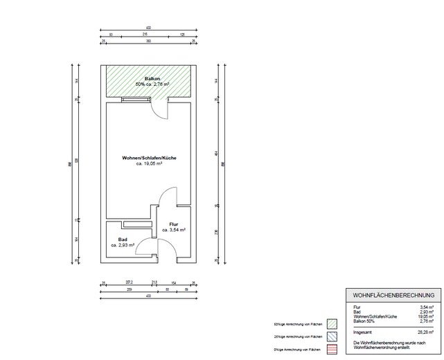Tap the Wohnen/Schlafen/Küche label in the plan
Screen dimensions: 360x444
(x=149, y=159)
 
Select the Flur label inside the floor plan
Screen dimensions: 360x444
(x=174, y=224)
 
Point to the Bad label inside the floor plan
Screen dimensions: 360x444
(x=123, y=240)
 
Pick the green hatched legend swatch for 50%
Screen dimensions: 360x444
(x=331, y=323)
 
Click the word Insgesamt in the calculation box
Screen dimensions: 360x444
(x=364, y=332)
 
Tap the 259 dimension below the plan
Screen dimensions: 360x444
(x=130, y=289)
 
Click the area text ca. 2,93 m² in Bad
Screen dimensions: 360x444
(x=123, y=245)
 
